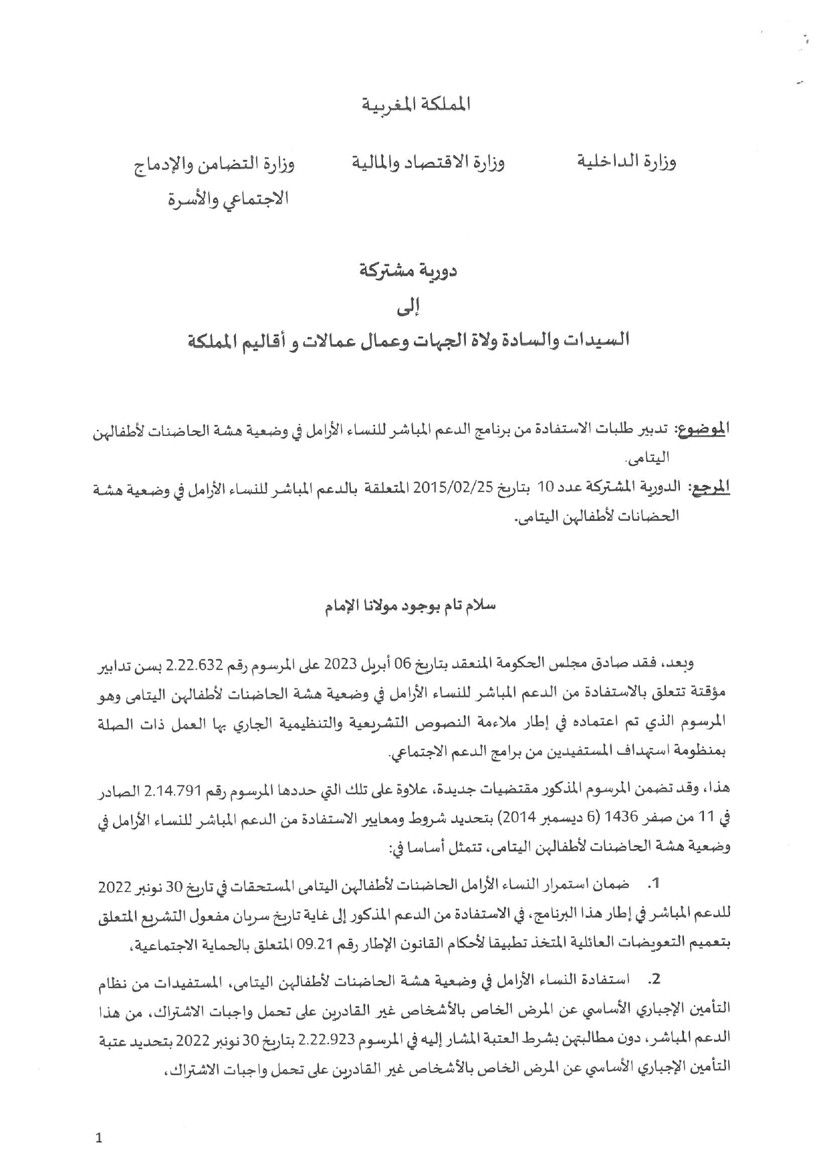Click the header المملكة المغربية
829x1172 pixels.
pyautogui.click(x=416, y=104)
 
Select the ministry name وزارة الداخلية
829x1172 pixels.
pyautogui.click(x=626, y=162)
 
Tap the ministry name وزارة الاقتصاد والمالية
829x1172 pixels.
pyautogui.click(x=428, y=162)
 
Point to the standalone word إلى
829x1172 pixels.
pyautogui.click(x=415, y=307)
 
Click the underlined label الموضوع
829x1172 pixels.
pyautogui.click(x=703, y=429)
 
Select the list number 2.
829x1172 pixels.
pyautogui.click(x=655, y=980)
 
